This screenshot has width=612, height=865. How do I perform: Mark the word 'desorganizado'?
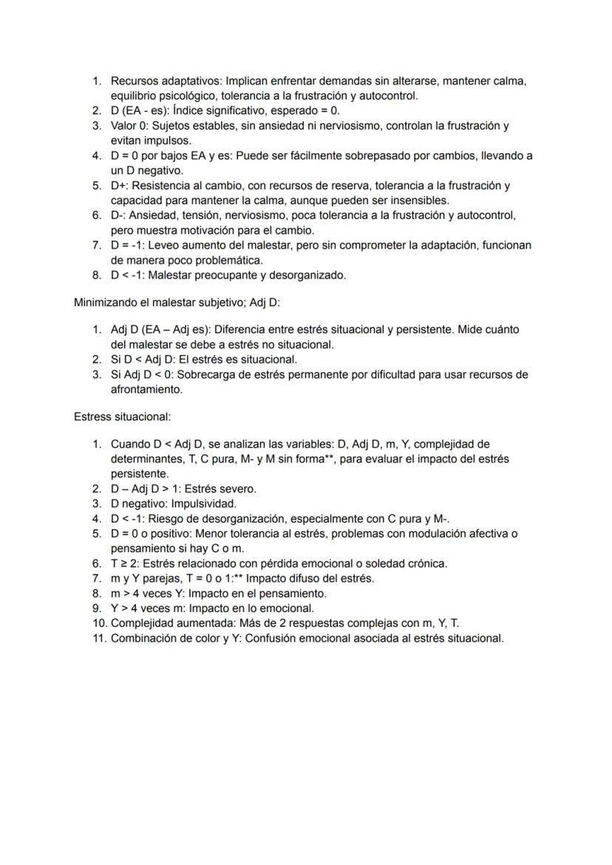pyautogui.click(x=310, y=275)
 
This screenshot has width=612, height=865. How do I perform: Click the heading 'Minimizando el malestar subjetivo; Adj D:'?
pyautogui.click(x=177, y=303)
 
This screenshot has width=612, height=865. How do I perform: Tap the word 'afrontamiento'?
pyautogui.click(x=146, y=389)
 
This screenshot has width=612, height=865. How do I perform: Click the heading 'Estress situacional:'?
pyautogui.click(x=122, y=417)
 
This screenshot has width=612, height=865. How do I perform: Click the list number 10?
pyautogui.click(x=99, y=623)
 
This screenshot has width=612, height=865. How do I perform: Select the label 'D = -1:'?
pyautogui.click(x=130, y=245)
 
